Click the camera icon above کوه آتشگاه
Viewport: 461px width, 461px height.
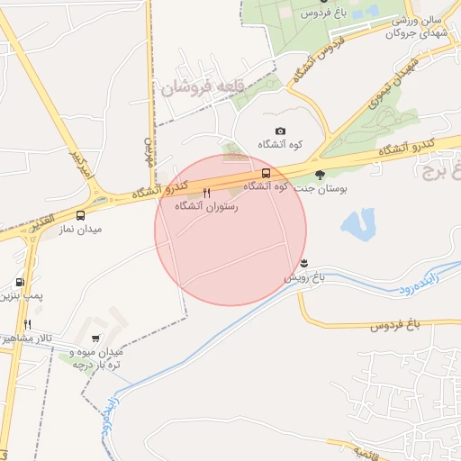coord(280,131)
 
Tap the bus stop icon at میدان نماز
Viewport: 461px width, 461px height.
coord(81,216)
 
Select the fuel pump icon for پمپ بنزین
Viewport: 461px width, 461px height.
coord(21,282)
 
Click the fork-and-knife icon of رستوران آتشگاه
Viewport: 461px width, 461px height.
coord(207,193)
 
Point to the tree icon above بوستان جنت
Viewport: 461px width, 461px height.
coord(321,175)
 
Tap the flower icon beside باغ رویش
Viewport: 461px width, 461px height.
coord(303,263)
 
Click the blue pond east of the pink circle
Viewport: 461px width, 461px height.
coord(359,224)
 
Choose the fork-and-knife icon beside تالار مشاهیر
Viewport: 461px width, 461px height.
coord(28,324)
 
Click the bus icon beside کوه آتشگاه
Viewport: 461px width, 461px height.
coord(266,173)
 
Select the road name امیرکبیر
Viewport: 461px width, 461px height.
coord(82,166)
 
